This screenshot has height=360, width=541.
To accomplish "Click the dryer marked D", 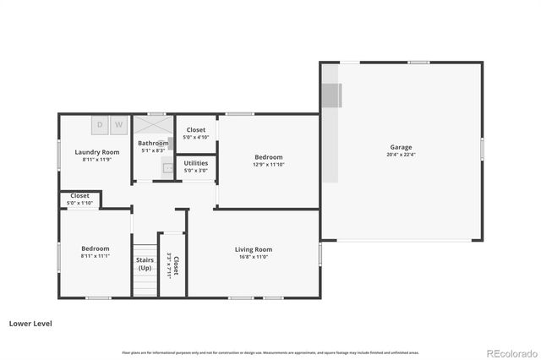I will (100, 125).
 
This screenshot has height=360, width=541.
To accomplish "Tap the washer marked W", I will (118, 125).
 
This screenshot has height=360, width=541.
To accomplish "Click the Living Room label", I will (253, 249).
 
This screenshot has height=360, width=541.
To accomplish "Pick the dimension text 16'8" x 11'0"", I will (253, 257).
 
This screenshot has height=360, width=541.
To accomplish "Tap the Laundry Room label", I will (96, 152).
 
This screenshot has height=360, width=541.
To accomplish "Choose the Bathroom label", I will (153, 144).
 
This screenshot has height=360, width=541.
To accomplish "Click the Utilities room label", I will (196, 163).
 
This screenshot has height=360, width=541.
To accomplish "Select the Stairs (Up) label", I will (145, 264).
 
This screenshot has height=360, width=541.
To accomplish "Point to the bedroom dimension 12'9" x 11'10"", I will (269, 165).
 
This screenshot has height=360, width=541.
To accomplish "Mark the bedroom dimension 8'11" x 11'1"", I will (95, 256).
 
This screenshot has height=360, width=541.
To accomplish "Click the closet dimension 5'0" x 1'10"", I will (79, 203).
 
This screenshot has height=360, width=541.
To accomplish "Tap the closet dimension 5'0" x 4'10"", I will (196, 137).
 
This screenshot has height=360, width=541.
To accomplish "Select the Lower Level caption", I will (31, 323).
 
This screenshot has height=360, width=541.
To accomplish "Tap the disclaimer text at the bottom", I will (270, 352).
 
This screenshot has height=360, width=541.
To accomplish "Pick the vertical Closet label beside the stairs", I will (175, 265).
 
